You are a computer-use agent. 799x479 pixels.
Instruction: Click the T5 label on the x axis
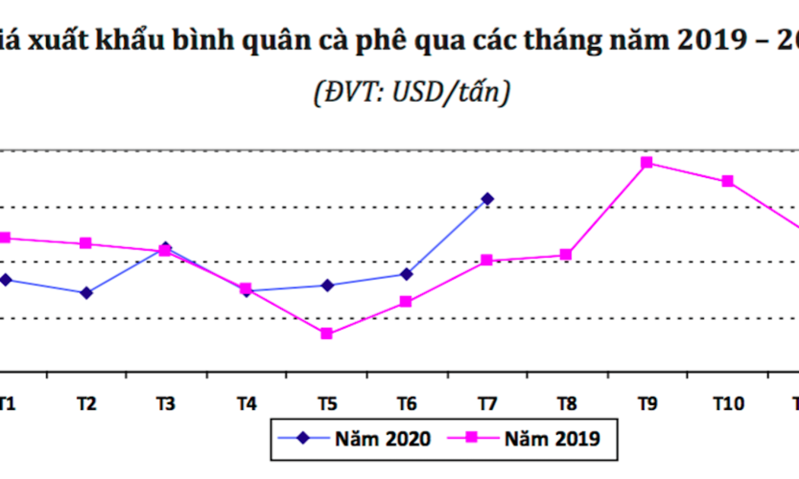point(326,404)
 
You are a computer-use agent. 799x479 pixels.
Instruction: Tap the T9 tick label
point(647,404)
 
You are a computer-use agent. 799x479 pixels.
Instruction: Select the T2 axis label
point(86,404)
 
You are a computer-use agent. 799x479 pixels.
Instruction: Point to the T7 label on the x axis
point(487,404)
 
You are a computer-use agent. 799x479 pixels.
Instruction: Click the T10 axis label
point(727,404)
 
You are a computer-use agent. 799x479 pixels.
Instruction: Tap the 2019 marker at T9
point(647,163)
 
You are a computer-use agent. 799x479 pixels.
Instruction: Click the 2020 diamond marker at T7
point(487,198)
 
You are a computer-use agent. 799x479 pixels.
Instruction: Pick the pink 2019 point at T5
point(326,334)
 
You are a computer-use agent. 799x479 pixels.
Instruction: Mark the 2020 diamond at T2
point(86,293)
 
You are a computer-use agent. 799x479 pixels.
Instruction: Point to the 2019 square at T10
point(727,181)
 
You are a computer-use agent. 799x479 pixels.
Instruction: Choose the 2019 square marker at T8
point(566,254)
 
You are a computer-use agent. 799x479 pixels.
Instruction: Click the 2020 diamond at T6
point(406,274)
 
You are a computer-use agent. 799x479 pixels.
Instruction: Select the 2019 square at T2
point(86,243)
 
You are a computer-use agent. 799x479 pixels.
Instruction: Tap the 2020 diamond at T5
point(326,285)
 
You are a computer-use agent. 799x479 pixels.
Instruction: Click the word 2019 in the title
point(711,40)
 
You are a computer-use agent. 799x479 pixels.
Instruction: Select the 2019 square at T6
point(406,302)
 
